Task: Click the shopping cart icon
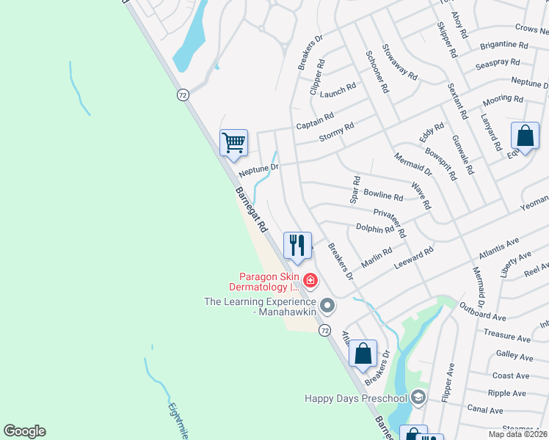click(233, 142)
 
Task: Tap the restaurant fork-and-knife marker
click(297, 245)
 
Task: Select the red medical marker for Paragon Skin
click(310, 280)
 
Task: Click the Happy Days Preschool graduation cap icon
click(418, 397)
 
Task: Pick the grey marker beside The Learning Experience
click(327, 304)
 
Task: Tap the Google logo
click(25, 431)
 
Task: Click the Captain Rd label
click(315, 121)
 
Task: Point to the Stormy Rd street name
click(336, 131)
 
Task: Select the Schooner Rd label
click(377, 72)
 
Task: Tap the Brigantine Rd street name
click(503, 45)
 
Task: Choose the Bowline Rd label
click(383, 197)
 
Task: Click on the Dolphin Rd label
click(375, 229)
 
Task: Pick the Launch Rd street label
click(338, 89)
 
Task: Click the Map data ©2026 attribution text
click(517, 434)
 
